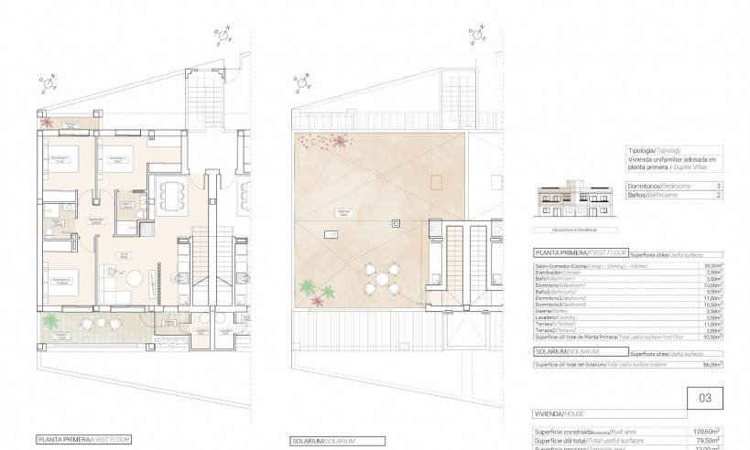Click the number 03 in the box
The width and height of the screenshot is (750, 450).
(704, 398)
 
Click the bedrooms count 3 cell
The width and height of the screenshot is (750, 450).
(715, 186)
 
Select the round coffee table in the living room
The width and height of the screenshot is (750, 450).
(135, 278)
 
